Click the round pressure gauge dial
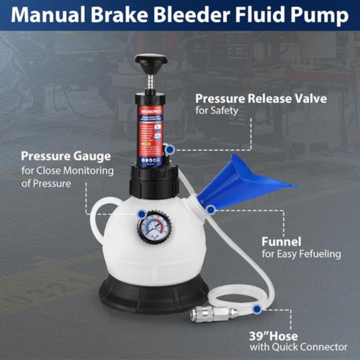153,226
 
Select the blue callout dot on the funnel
210,209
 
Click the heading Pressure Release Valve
261,98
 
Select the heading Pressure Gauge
66,157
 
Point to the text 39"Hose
273,336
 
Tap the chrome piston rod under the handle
151,82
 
